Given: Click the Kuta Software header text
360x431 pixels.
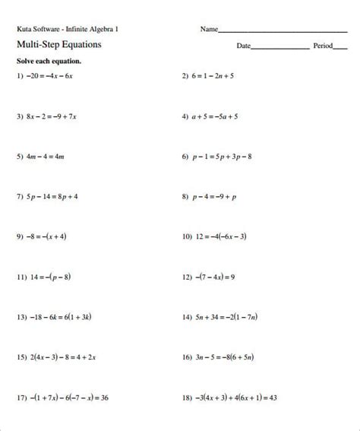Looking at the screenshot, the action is (67, 30).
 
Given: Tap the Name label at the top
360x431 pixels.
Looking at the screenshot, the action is (209, 30).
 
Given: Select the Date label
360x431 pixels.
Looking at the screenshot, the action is (243, 46).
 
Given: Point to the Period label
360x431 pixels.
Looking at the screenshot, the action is (323, 46).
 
